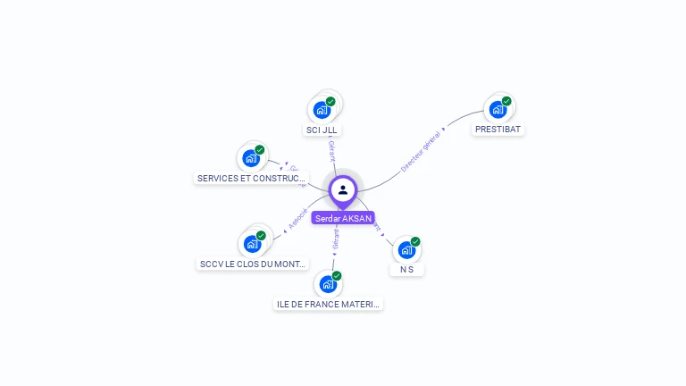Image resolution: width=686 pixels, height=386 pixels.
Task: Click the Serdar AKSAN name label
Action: pos(343,218)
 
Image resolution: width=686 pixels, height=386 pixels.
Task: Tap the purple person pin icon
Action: pos(343,189)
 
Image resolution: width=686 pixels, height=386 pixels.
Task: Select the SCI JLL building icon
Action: pos(322,110)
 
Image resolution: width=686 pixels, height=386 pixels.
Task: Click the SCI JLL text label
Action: pos(322,130)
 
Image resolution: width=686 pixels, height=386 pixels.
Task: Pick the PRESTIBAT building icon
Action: pos(498,110)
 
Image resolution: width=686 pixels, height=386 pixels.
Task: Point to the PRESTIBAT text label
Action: pos(498,129)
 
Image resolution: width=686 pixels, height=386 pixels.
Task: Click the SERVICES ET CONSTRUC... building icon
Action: pos(251,158)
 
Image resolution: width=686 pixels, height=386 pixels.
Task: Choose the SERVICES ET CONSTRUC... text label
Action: pos(251,178)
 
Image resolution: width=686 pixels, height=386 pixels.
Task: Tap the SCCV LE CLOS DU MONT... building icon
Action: pos(252,244)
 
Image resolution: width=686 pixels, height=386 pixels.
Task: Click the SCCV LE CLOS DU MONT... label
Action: pos(253,264)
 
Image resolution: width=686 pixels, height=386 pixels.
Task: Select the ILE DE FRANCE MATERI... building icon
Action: pos(328,284)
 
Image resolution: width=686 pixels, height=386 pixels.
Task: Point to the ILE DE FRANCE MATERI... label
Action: pos(328,304)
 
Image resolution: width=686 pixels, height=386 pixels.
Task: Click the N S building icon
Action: pos(406,250)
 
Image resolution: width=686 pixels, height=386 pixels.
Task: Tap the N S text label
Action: pos(406,269)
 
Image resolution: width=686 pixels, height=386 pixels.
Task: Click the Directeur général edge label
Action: pos(421,150)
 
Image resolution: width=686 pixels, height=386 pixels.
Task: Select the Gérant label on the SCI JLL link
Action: pos(331,151)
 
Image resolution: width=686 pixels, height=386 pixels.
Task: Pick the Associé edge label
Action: pos(298,219)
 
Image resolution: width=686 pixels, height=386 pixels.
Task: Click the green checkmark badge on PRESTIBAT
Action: pos(506,101)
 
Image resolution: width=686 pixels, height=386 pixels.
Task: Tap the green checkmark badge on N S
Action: pos(415,241)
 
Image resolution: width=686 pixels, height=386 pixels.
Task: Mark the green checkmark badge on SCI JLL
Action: pos(330,101)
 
